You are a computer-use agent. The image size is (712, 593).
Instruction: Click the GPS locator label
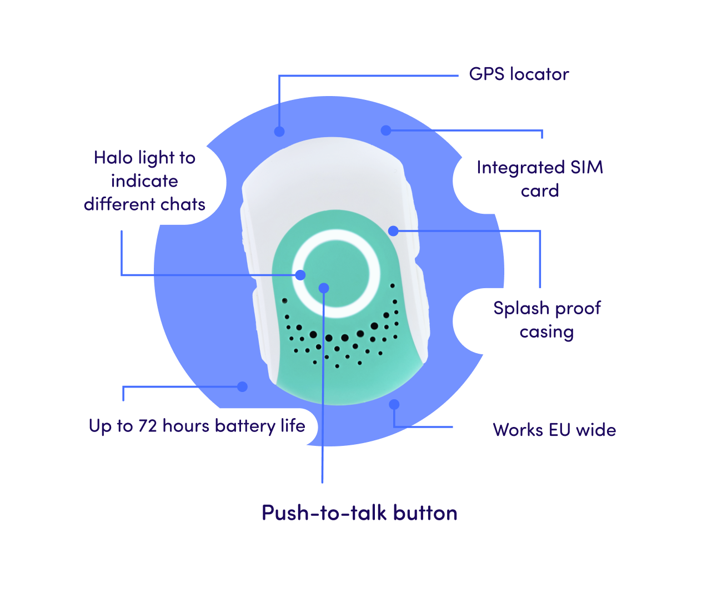click(519, 75)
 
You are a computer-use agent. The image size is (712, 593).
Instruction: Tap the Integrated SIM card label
click(539, 179)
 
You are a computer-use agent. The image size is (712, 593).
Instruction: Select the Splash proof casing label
click(546, 320)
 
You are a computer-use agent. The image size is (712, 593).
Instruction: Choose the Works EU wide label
click(554, 430)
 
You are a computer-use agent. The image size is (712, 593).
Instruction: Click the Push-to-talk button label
click(359, 514)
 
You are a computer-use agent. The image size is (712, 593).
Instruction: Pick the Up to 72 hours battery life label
click(197, 426)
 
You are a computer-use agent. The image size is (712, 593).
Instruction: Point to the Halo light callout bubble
click(144, 182)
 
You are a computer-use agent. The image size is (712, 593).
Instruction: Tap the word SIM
click(586, 168)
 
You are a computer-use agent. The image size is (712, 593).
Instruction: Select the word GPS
click(487, 74)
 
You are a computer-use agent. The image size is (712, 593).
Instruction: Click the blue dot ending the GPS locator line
click(279, 132)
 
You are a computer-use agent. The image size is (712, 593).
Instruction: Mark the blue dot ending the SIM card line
click(386, 130)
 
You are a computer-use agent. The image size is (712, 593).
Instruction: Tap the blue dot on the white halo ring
click(300, 275)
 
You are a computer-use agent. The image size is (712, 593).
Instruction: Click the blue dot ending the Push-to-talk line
click(324, 288)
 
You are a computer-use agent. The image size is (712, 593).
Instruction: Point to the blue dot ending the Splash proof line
click(393, 230)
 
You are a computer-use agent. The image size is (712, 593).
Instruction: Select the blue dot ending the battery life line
click(242, 387)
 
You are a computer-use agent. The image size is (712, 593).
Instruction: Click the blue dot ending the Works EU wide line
click(394, 404)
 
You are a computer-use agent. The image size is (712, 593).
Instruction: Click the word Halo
click(113, 158)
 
